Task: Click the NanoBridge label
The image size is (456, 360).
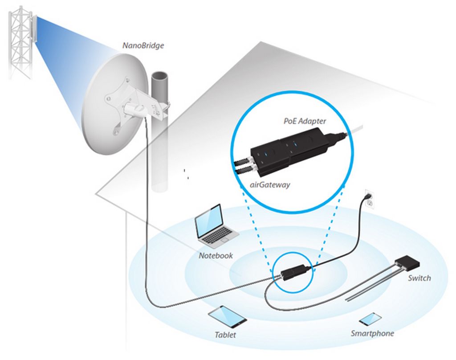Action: (x=143, y=46)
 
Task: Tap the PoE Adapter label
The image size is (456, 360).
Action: (x=305, y=121)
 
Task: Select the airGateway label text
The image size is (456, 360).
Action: (x=270, y=185)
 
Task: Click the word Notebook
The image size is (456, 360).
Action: (x=216, y=256)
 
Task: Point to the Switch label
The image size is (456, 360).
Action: (x=419, y=278)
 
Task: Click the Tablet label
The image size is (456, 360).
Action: (x=225, y=335)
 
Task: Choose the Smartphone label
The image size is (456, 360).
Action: (x=372, y=333)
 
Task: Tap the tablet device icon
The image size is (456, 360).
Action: (x=228, y=317)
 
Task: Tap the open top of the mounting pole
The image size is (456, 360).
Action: (x=159, y=78)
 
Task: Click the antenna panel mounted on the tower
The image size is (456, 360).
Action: (x=32, y=29)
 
